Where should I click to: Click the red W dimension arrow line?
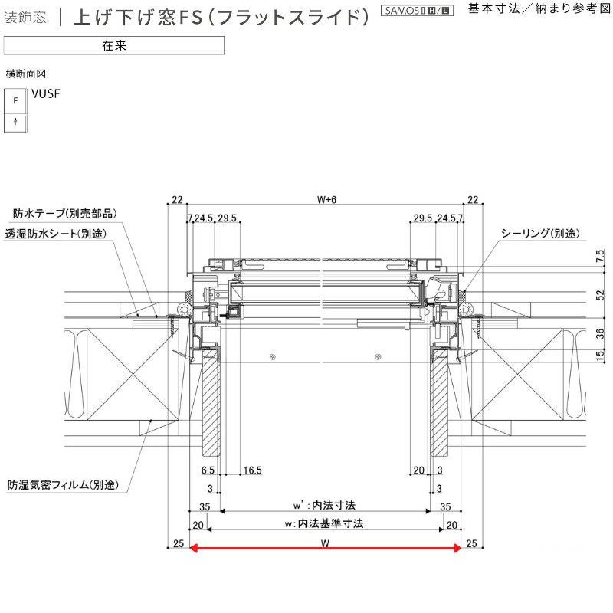[x=325, y=547]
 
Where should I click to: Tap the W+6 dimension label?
[x=326, y=200]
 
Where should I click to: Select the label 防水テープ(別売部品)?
[x=65, y=213]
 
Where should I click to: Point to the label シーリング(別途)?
[x=539, y=233]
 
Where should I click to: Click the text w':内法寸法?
[x=325, y=506]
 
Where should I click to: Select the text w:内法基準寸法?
[x=326, y=524]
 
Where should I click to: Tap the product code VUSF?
[x=46, y=94]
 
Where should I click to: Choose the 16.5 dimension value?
[x=254, y=470]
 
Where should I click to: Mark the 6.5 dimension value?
[x=208, y=470]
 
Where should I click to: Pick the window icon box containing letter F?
[x=16, y=100]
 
